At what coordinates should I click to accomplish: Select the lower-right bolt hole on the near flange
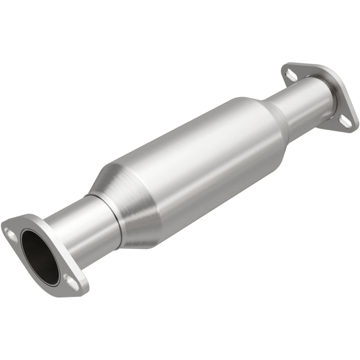[x=71, y=280]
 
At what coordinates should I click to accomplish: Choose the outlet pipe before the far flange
[x=301, y=99]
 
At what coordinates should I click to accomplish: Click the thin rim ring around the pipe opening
[x=27, y=238]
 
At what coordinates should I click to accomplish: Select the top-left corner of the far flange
[x=283, y=65]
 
